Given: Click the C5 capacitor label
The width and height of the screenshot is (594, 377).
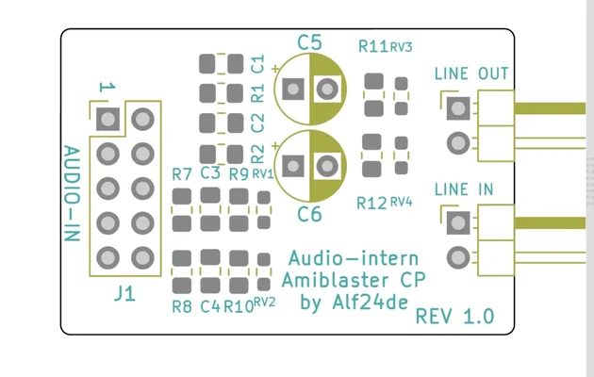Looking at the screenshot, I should tap(309, 42).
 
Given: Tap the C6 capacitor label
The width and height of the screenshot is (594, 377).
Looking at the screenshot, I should tap(309, 214).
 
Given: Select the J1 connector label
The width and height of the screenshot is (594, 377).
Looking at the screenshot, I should tap(124, 293).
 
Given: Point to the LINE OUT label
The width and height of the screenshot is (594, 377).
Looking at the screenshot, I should tap(471, 74).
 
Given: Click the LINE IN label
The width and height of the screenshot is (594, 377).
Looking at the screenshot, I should tap(464, 189).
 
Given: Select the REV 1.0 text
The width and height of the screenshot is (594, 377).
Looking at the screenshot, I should tap(454, 316).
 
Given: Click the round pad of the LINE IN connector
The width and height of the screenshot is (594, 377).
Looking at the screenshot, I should tap(459, 257).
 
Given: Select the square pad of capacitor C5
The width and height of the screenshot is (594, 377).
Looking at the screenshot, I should tap(293, 90).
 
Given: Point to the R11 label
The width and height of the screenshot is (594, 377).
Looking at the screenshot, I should tap(373, 46).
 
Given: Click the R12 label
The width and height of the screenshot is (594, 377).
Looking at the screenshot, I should tap(371, 203).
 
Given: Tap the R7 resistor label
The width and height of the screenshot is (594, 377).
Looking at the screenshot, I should tap(183, 174).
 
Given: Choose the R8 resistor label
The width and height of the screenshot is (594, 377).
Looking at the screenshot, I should tap(183, 306).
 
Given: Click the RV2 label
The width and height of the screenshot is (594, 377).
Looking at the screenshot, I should tap(264, 303).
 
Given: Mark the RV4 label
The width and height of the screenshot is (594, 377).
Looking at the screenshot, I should tap(401, 202).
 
